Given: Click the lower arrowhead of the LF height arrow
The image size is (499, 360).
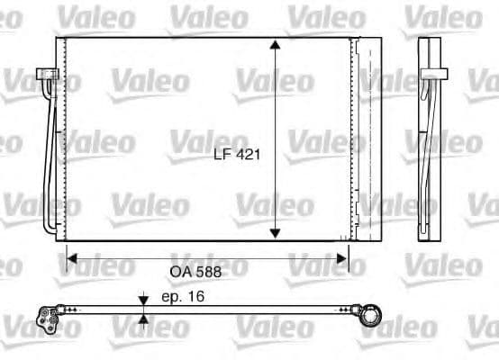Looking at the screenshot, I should point(275,232).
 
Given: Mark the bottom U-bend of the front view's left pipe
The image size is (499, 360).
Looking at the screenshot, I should point(50,225).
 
